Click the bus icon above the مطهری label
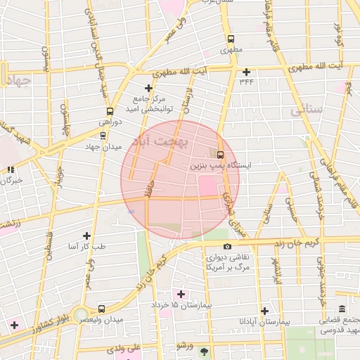click(230, 39)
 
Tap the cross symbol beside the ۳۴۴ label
click(245, 72)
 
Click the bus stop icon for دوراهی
click(109, 111)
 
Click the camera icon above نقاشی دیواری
click(227, 246)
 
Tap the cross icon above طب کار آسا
click(86, 236)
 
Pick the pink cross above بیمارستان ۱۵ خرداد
click(181, 294)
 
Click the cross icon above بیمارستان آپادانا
click(264, 310)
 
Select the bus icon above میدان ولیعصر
click(102, 308)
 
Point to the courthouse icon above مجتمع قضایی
click(342, 310)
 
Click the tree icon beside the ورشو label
click(205, 351)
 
